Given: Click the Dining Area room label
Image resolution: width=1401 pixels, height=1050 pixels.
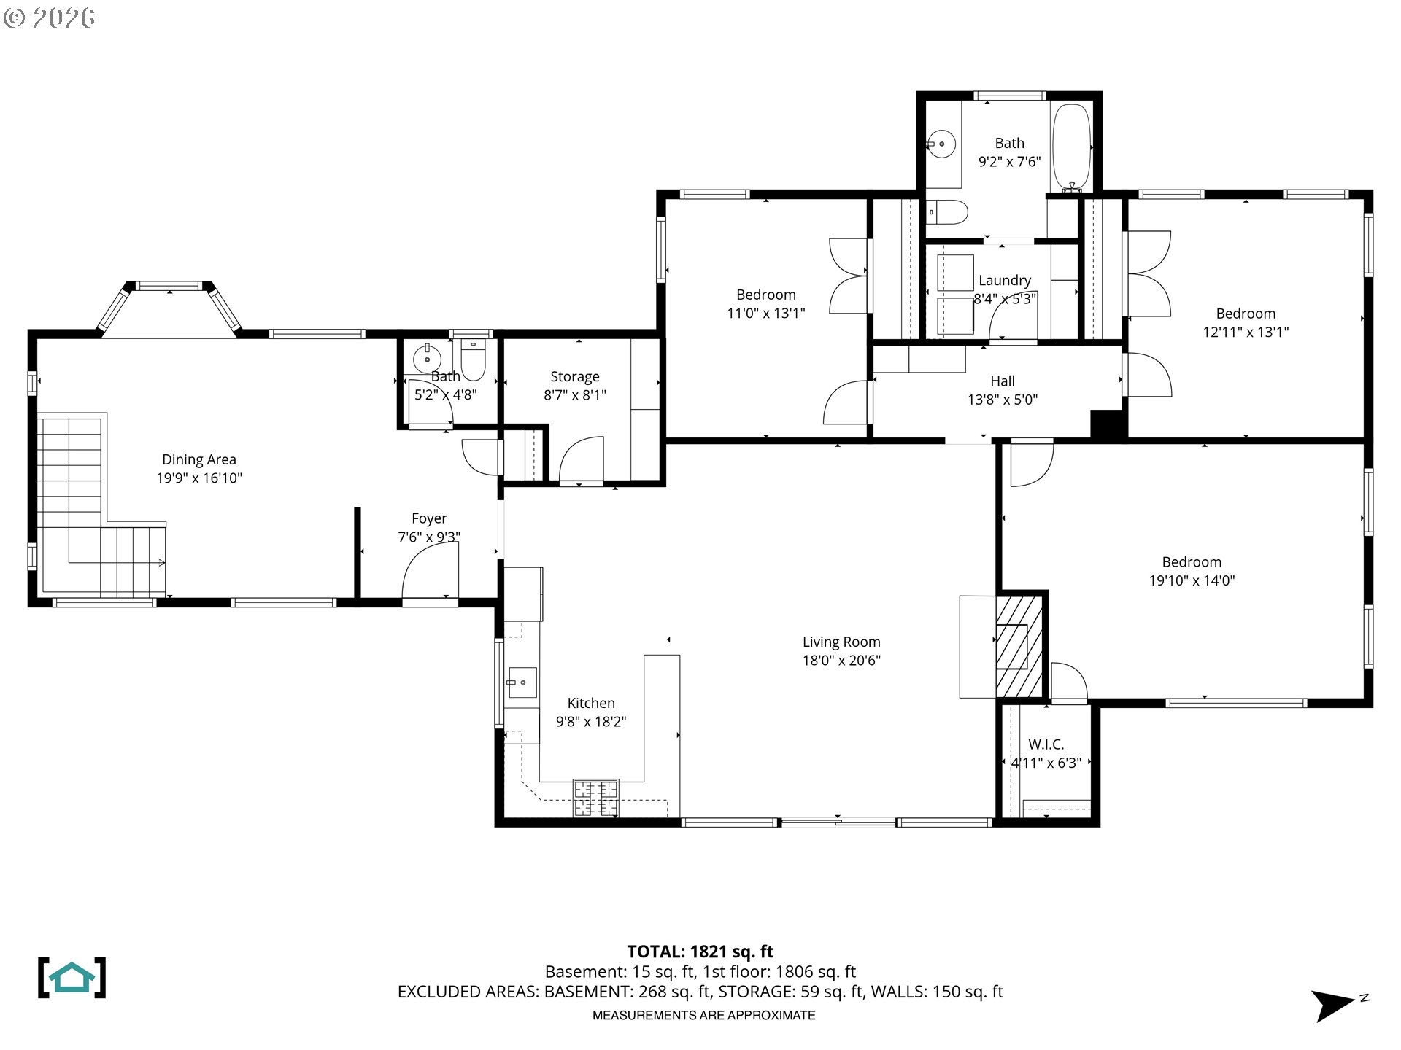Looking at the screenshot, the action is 198,460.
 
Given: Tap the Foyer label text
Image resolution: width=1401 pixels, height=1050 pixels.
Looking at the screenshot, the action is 429,518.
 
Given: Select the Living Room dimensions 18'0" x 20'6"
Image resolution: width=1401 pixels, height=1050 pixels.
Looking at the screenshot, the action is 841,661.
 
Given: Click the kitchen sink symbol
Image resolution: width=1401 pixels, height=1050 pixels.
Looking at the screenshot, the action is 522,682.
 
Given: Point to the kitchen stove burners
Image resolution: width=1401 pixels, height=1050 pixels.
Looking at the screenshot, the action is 595,798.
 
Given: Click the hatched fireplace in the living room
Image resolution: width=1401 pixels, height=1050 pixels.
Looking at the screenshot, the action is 1019,647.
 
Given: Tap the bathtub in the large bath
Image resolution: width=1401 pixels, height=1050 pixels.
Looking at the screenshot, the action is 1071,147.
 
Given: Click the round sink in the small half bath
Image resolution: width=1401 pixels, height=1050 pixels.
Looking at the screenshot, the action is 427,359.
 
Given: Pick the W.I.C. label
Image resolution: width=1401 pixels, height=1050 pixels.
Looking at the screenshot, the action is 1046,744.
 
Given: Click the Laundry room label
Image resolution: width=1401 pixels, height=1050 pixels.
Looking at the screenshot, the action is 1004,281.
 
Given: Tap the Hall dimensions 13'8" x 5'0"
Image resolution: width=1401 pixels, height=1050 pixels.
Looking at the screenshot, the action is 1002,400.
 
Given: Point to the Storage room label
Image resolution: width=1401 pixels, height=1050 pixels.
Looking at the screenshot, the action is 574,377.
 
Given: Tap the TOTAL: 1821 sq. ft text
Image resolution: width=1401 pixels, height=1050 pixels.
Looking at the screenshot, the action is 700,952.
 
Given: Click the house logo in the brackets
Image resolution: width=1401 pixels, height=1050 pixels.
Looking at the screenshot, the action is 72,978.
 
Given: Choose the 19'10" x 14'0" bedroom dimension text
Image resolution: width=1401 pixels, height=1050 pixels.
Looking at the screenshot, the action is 1192,581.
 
